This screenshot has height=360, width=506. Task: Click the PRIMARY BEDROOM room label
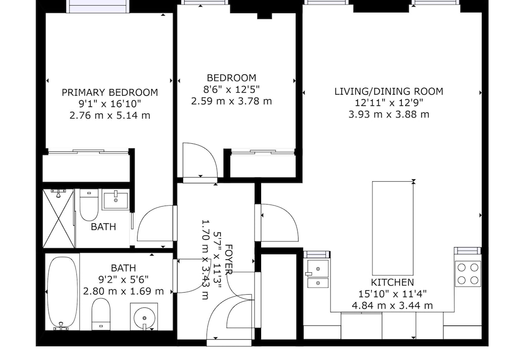(110, 92)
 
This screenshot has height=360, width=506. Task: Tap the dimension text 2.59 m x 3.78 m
(231, 101)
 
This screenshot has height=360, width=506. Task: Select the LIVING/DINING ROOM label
(389, 91)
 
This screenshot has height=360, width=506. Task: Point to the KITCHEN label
(392, 282)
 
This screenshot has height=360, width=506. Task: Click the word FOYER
(228, 259)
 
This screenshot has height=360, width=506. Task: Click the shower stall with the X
(59, 218)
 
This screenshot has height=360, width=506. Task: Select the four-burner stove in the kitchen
(468, 273)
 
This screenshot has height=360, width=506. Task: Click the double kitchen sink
(318, 273)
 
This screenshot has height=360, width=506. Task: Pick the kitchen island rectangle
(393, 228)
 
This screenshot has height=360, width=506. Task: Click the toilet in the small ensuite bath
(89, 205)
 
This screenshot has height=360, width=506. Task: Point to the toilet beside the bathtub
(101, 314)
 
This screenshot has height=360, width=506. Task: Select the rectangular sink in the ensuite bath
(115, 201)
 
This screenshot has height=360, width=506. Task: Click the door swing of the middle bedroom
(200, 160)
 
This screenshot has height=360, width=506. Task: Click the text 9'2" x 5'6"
(123, 279)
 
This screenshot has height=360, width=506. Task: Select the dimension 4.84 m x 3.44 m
(392, 305)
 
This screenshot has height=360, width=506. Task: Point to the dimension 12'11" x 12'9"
(389, 103)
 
